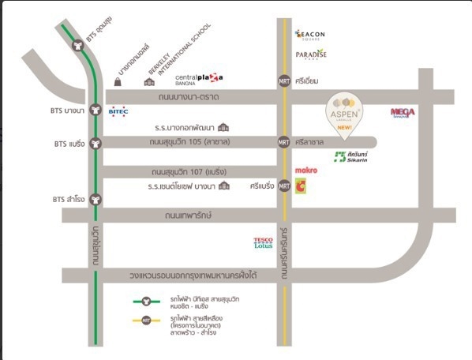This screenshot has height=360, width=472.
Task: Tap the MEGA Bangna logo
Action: point(402,112)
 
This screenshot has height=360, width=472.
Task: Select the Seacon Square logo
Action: point(309,35)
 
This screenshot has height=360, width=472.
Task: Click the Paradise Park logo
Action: point(310,54)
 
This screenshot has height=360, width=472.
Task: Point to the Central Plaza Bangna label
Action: point(193,77)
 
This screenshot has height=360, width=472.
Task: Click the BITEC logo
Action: point(118,111)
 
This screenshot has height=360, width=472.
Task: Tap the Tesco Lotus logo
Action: point(263,242)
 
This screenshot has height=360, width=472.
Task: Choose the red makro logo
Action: point(305,170)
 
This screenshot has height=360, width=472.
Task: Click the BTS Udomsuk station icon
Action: point(78,45)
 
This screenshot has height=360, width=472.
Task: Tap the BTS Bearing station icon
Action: point(96,144)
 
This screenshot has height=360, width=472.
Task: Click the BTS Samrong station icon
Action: point(96,199)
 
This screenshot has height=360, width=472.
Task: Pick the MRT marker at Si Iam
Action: point(284,81)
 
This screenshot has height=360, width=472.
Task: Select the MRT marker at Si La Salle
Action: point(284,143)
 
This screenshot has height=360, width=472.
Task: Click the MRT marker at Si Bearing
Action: point(284,186)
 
